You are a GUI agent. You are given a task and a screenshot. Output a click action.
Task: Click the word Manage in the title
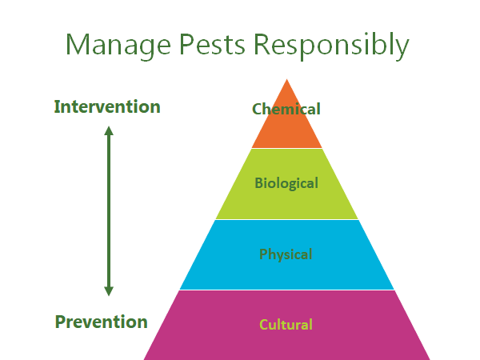click(118, 46)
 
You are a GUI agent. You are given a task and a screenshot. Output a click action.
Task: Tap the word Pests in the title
click(212, 44)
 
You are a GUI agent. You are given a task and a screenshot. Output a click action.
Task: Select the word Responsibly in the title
click(331, 46)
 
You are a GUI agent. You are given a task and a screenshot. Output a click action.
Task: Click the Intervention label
click(107, 106)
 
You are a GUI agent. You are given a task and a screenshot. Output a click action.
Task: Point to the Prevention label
click(101, 322)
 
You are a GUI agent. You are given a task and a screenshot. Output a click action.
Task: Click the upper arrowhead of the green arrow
click(109, 130)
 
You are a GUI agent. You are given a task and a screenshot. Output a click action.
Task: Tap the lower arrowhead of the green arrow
click(109, 291)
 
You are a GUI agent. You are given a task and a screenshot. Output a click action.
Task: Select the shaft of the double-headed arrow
click(109, 211)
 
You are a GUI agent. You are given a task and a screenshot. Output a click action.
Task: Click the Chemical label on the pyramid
click(286, 109)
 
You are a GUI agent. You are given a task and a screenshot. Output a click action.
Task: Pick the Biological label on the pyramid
click(286, 183)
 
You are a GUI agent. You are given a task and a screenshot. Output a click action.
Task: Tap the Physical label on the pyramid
click(286, 254)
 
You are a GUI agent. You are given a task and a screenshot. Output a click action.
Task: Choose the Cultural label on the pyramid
click(286, 325)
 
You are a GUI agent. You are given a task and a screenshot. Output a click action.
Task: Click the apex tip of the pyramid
click(287, 79)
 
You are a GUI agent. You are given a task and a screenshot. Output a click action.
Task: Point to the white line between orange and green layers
click(287, 149)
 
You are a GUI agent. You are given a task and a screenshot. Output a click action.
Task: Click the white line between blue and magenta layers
click(287, 290)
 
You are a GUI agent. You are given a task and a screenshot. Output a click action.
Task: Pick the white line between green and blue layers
click(287, 219)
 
